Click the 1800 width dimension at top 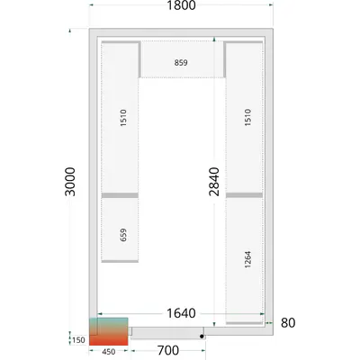[x=181, y=5]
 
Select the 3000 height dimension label [x=70, y=182]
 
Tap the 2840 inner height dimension [x=214, y=182]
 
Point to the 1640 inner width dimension [x=181, y=313]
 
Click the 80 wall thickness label [x=288, y=323]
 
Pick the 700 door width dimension [x=168, y=350]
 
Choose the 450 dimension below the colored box [x=108, y=352]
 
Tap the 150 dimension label [x=78, y=340]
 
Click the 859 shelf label [x=181, y=63]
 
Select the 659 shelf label [x=123, y=235]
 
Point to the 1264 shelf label [x=247, y=259]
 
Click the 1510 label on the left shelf [x=123, y=118]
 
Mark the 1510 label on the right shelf [x=247, y=117]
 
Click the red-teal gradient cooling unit [x=109, y=331]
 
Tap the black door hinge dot [x=202, y=337]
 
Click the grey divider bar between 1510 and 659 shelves [x=120, y=195]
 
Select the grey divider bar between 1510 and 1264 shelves [x=244, y=195]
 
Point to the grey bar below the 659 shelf [x=120, y=261]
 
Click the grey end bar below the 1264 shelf [x=244, y=323]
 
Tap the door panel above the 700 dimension [x=167, y=333]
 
